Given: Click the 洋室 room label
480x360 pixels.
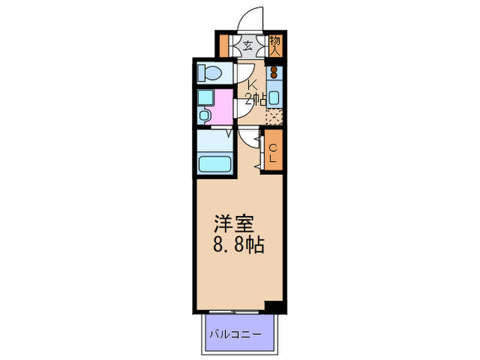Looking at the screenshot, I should (235, 225).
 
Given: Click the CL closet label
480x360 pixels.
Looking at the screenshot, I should (273, 153).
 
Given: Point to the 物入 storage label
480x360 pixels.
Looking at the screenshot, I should (275, 47).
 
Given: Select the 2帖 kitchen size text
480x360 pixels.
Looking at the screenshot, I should (255, 100).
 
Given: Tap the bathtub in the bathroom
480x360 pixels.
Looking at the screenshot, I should (215, 164).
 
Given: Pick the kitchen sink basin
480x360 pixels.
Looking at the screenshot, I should (274, 96).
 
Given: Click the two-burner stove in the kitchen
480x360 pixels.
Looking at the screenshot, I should (274, 72).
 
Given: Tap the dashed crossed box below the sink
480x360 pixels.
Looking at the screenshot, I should (274, 116).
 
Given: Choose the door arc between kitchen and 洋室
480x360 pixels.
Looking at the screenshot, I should (248, 136).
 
